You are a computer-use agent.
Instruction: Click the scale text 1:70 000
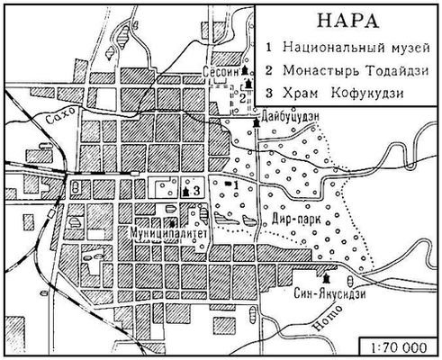398,345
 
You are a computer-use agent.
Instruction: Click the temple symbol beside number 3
185,190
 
